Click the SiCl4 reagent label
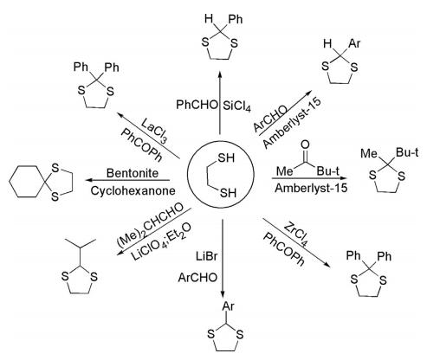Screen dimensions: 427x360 click(x=236, y=106)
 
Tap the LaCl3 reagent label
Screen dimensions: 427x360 click(x=155, y=129)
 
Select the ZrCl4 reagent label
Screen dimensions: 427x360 click(x=296, y=235)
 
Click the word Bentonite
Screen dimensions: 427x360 click(x=133, y=173)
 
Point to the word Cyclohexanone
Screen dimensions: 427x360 click(x=133, y=190)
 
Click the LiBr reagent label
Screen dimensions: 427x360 click(x=206, y=256)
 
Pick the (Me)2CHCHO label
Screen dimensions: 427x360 click(x=151, y=225)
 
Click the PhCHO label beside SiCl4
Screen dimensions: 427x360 click(x=197, y=105)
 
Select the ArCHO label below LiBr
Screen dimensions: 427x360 click(x=197, y=278)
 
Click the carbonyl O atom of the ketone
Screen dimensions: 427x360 click(x=305, y=145)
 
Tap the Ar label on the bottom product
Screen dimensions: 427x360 click(x=228, y=306)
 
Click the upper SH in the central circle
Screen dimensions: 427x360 click(x=226, y=158)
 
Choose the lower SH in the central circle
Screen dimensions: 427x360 click(x=228, y=193)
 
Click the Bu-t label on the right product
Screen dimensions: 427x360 click(x=407, y=152)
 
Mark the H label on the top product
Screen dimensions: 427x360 click(x=209, y=19)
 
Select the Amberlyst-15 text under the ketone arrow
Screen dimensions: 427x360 click(x=311, y=188)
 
